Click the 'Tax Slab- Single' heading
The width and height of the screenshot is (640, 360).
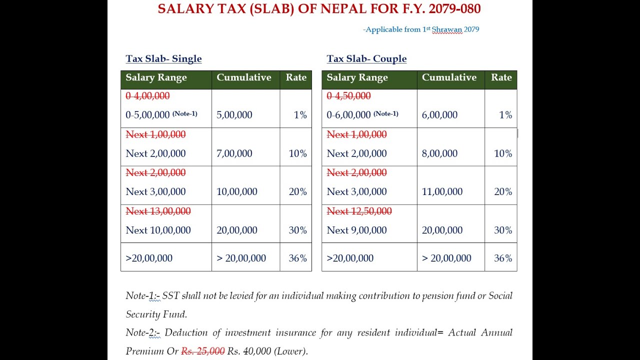tap(163, 58)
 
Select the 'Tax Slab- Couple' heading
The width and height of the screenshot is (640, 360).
tap(366, 58)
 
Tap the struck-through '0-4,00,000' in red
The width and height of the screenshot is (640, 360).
tap(147, 95)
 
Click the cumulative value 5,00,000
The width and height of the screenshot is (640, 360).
tap(234, 114)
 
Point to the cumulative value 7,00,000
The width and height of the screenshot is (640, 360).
tap(234, 153)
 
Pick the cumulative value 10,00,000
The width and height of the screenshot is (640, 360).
tap(236, 191)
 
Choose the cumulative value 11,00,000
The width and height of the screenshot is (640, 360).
tap(442, 191)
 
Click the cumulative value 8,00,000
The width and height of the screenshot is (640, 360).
tap(439, 153)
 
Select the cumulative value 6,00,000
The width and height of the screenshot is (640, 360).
tap(439, 114)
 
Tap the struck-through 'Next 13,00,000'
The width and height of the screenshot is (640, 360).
tap(158, 211)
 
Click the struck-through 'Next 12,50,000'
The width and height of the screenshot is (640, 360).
tap(359, 211)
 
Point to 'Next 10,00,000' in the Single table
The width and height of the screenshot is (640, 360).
tap(158, 230)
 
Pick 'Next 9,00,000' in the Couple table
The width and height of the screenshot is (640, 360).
tap(356, 230)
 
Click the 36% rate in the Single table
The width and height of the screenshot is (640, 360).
tap(297, 258)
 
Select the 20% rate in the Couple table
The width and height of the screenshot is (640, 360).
tap(503, 191)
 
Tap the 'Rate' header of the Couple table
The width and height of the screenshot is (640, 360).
tap(501, 77)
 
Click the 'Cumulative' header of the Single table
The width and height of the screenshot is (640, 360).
tap(244, 77)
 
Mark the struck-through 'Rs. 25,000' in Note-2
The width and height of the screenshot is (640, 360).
tap(202, 351)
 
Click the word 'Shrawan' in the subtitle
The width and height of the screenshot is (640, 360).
tap(447, 29)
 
